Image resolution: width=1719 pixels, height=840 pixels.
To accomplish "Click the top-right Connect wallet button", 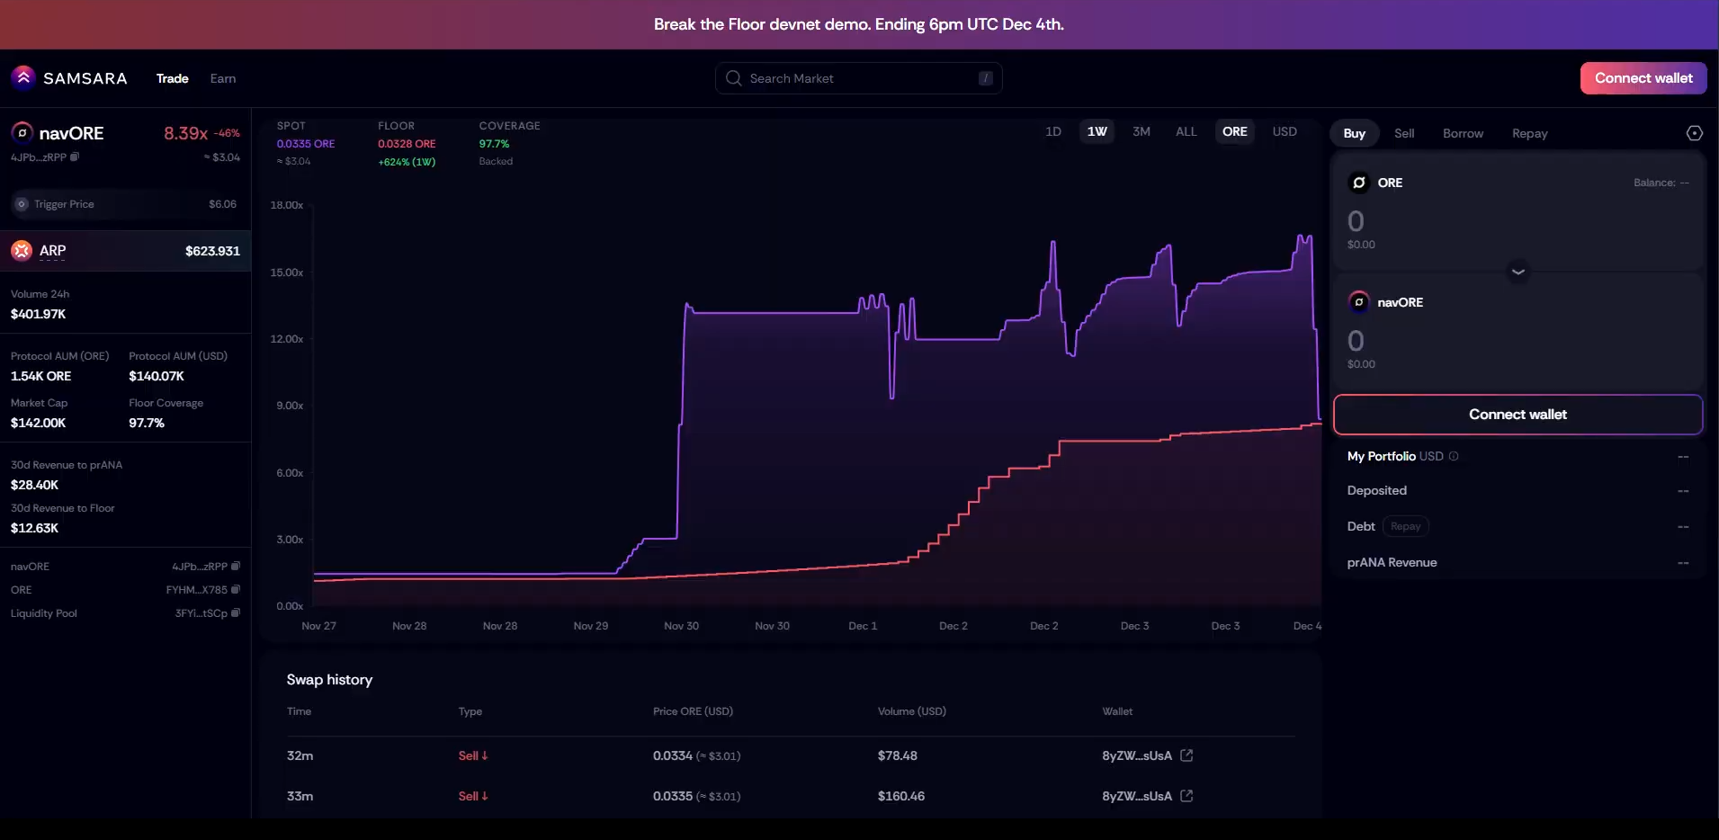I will point(1643,78).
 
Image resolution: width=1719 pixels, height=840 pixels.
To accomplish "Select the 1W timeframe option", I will point(1097,131).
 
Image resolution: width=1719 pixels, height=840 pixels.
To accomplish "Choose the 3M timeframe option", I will point(1141,131).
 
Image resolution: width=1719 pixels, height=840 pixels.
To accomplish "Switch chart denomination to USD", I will point(1284,131).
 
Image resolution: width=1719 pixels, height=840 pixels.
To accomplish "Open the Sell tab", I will point(1403,133).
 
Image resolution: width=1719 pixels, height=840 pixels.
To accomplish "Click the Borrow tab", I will point(1463,133).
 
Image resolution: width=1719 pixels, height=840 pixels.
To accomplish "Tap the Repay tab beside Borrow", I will point(1529,133).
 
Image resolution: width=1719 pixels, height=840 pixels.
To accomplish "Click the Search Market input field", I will point(858,78).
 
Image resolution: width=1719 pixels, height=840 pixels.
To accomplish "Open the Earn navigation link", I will point(223,78).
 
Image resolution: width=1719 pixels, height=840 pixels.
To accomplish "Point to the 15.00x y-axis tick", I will point(287,273).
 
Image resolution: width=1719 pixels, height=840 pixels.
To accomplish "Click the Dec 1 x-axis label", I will point(863,626).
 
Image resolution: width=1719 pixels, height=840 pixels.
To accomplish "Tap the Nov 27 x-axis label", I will point(318,626).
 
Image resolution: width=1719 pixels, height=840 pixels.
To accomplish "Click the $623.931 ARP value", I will point(212,251).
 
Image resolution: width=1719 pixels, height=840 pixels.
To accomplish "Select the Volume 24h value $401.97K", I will point(39,314).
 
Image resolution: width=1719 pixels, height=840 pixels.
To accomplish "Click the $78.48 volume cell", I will point(897,755).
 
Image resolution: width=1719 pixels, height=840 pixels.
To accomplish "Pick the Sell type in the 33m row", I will point(472,796).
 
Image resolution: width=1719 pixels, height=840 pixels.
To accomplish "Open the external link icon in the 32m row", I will point(1186,755).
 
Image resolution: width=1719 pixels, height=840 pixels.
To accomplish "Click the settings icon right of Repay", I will point(1694,133).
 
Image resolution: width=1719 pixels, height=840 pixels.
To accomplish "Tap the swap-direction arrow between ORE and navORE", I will point(1518,272).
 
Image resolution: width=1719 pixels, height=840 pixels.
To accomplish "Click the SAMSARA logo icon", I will point(23,78).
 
